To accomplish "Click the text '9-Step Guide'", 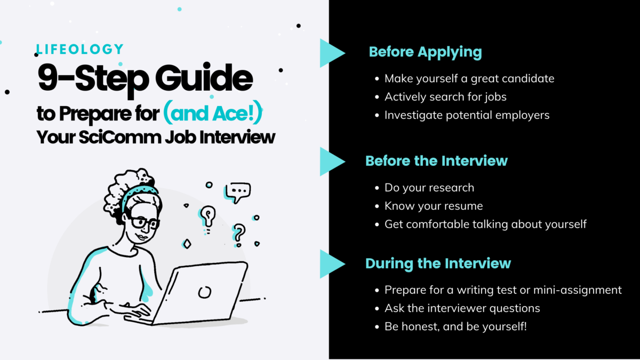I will click(145, 78).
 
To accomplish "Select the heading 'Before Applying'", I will click(425, 52).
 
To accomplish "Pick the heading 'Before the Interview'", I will click(436, 161).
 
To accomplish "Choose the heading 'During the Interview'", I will click(438, 263).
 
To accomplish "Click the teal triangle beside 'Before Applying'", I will click(331, 53).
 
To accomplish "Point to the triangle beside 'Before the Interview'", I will click(331, 162).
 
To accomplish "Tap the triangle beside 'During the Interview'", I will click(331, 263).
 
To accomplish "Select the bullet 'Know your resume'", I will click(434, 206).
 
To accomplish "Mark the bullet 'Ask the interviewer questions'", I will click(462, 308).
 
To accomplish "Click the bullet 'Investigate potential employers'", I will click(467, 115).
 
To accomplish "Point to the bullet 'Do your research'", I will click(429, 188).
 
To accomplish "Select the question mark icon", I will click(239, 233).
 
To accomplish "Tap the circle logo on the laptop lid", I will click(204, 292).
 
